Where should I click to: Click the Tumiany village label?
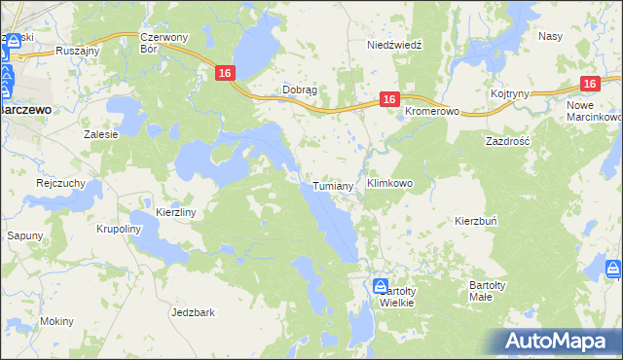332,186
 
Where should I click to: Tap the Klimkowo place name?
389,182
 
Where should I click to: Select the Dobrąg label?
300,89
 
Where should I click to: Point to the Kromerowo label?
431,111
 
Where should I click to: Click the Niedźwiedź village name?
393,46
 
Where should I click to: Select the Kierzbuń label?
476,221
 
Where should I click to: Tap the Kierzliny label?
176,211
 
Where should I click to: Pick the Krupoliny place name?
120,230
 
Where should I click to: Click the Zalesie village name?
101,134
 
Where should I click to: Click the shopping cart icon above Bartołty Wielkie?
381,285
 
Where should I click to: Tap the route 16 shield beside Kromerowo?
388,99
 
